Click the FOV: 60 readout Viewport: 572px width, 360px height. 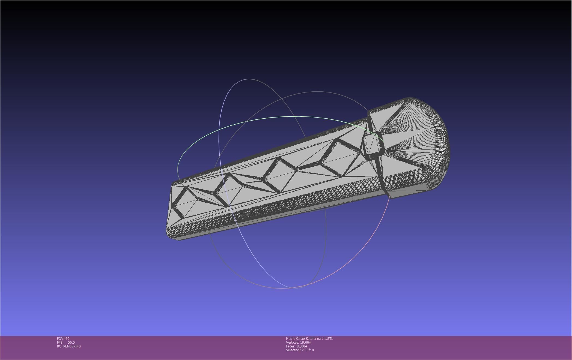click(63, 338)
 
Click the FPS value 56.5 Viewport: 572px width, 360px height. click(71, 342)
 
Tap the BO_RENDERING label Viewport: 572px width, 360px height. click(69, 346)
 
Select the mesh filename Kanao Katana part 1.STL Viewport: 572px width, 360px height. click(314, 338)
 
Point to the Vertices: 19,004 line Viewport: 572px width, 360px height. click(298, 342)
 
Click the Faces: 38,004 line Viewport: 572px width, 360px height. click(296, 346)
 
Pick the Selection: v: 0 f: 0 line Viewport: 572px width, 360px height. click(300, 350)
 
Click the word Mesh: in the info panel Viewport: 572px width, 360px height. click(290, 338)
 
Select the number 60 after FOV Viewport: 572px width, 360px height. click(67, 338)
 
